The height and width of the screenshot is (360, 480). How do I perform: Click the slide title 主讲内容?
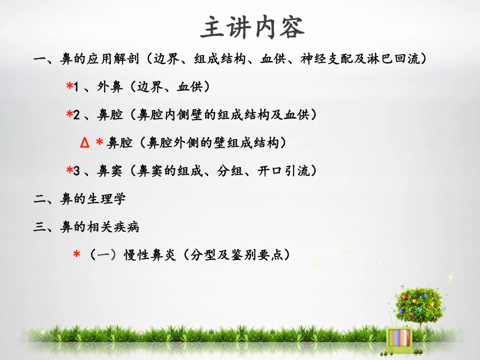(x=252, y=28)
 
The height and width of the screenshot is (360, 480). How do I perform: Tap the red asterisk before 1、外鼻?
(x=69, y=87)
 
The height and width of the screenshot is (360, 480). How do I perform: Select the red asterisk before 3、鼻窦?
(x=69, y=171)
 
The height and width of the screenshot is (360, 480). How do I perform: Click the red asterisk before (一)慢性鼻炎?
(x=76, y=255)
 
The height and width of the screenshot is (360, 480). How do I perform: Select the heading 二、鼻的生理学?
(x=79, y=199)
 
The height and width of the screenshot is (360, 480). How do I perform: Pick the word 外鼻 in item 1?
(x=110, y=87)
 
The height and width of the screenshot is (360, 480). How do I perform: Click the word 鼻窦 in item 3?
(x=110, y=172)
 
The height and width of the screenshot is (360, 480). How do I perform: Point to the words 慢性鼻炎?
(x=150, y=255)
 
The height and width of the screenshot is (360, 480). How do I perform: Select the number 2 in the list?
(x=77, y=116)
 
